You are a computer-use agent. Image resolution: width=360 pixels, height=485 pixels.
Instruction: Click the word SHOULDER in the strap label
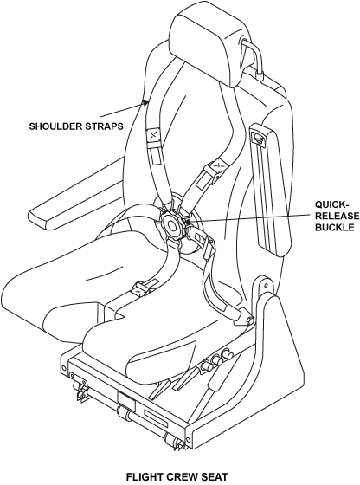tap(54, 126)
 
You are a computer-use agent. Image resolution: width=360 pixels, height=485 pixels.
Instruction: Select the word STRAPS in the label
tap(102, 126)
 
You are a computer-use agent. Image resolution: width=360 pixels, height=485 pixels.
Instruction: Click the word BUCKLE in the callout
tap(334, 227)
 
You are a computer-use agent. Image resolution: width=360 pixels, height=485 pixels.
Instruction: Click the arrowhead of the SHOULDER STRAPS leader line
tap(145, 103)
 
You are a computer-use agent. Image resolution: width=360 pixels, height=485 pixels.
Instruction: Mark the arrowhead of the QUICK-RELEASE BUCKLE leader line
tap(187, 221)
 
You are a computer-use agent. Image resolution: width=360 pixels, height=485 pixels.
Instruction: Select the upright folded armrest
tap(271, 190)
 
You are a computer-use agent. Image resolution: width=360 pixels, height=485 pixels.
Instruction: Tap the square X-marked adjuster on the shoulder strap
tap(152, 135)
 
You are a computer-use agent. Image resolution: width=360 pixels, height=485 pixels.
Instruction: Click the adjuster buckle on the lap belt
tap(140, 289)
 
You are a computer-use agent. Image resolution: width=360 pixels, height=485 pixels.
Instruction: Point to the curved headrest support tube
tap(254, 56)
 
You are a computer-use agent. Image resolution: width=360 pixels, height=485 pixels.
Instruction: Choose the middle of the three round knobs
tap(216, 361)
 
